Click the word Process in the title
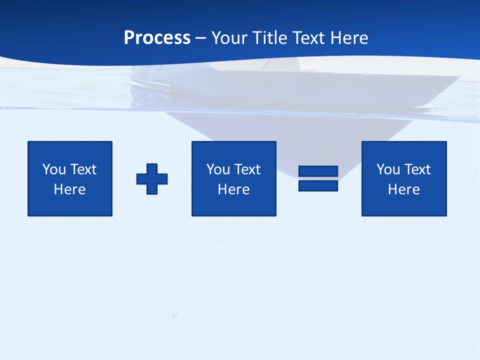click(157, 38)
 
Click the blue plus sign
click(152, 179)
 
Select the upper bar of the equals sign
click(318, 171)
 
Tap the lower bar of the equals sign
click(318, 186)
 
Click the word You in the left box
click(54, 169)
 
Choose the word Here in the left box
click(69, 189)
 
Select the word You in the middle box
click(218, 169)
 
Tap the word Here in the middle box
click(233, 189)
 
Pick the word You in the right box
click(388, 169)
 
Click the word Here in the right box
click(403, 189)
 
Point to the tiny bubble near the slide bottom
click(175, 314)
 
